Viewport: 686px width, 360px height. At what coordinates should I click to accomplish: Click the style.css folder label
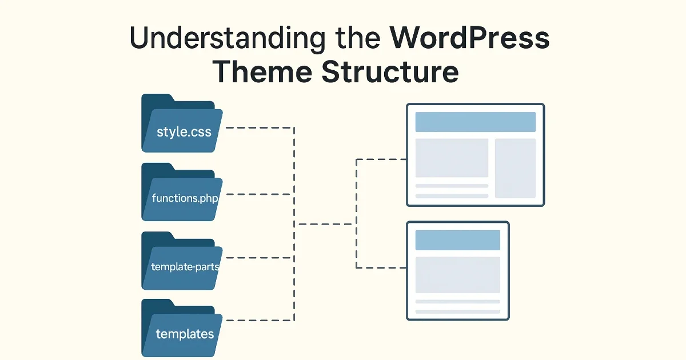(184, 132)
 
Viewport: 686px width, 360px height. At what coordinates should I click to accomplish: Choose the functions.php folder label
(185, 198)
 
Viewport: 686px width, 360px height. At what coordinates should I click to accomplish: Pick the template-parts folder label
(185, 266)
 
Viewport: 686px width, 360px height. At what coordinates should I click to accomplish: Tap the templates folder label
(185, 334)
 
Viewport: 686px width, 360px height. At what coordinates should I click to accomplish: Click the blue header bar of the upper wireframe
(475, 122)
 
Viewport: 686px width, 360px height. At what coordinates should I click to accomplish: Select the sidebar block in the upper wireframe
(515, 168)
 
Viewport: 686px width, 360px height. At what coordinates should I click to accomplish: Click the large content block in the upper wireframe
(452, 158)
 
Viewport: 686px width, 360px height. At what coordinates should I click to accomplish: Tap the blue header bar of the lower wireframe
(457, 240)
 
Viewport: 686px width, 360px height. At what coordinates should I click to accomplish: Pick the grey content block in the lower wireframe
(457, 275)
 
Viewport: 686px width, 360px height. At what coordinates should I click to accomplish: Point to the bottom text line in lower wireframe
(457, 311)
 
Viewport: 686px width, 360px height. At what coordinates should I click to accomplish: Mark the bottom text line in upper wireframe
(452, 196)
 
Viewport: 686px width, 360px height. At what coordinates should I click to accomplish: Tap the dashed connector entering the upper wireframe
(380, 159)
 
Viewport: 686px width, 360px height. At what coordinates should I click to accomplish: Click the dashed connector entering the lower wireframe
(380, 267)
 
